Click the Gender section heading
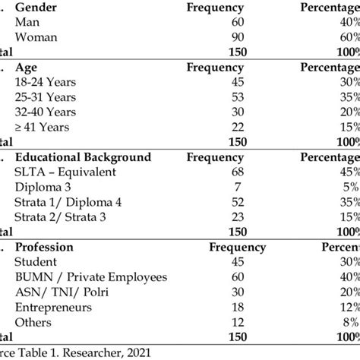[x=36, y=6]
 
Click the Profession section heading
[x=44, y=248]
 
